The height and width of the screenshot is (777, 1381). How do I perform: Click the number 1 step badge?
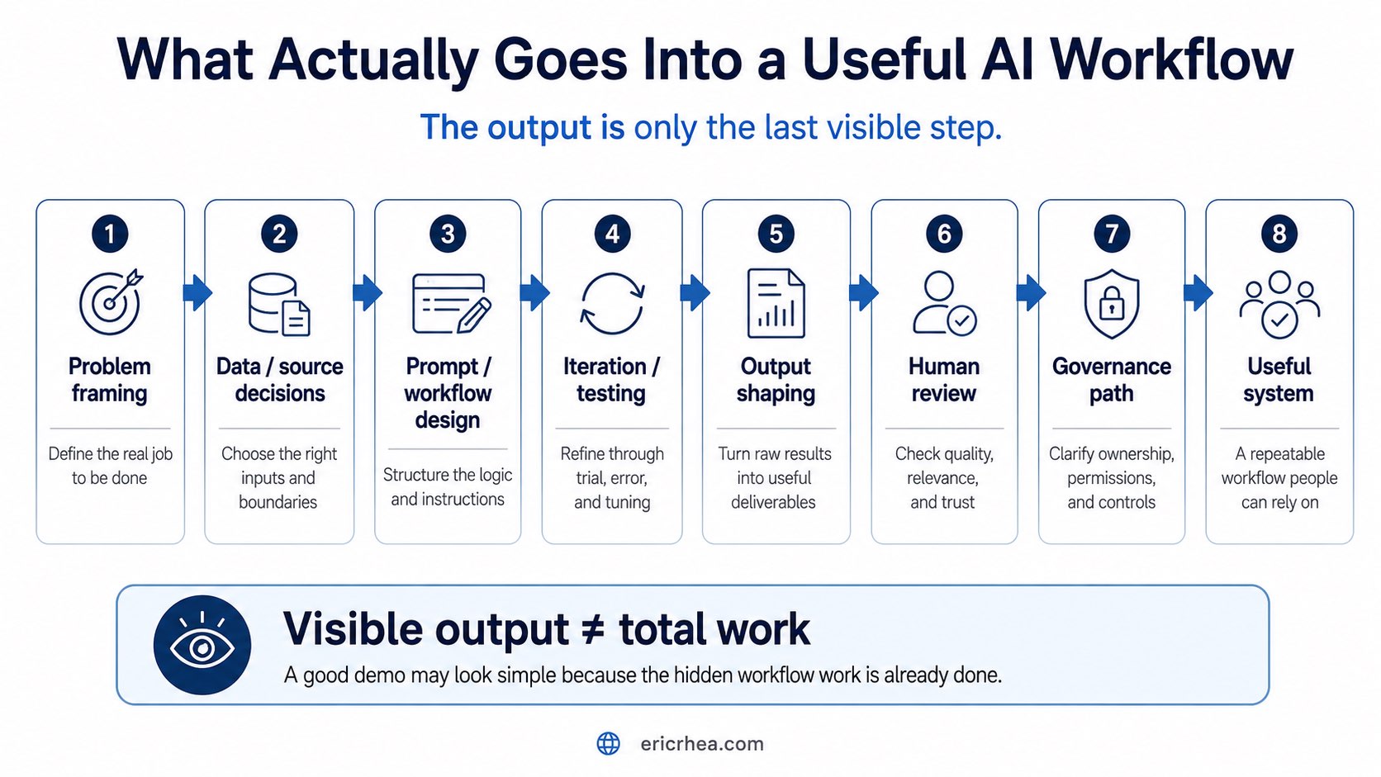(x=110, y=235)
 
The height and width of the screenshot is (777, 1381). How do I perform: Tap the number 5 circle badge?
(x=776, y=235)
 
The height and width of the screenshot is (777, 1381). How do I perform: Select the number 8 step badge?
(x=1279, y=235)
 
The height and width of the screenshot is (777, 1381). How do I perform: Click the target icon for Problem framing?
(x=111, y=302)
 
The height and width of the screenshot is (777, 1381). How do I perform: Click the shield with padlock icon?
(x=1112, y=303)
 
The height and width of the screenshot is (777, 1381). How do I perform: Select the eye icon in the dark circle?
(x=202, y=645)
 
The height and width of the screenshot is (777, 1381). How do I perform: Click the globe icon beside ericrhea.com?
(x=609, y=744)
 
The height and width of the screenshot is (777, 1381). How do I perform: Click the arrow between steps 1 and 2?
(x=197, y=292)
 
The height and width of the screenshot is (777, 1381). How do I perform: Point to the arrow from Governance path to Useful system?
(x=1198, y=292)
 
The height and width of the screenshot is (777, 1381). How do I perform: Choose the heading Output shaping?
(x=776, y=380)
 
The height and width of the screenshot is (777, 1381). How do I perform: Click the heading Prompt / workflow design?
(x=448, y=393)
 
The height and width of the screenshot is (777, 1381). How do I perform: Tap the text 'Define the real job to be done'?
(x=111, y=466)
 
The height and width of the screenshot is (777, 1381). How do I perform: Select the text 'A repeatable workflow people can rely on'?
(x=1279, y=478)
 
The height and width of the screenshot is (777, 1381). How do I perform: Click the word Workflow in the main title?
(x=1170, y=59)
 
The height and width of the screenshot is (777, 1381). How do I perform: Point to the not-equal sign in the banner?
(x=594, y=630)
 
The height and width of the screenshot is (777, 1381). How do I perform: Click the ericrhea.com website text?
(x=702, y=744)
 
